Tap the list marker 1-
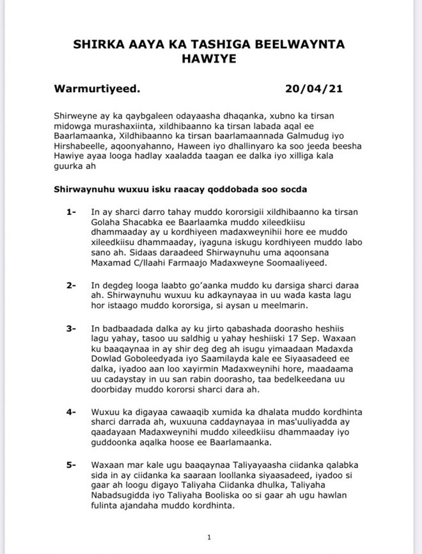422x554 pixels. pos(71,211)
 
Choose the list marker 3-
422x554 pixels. pos(71,329)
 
